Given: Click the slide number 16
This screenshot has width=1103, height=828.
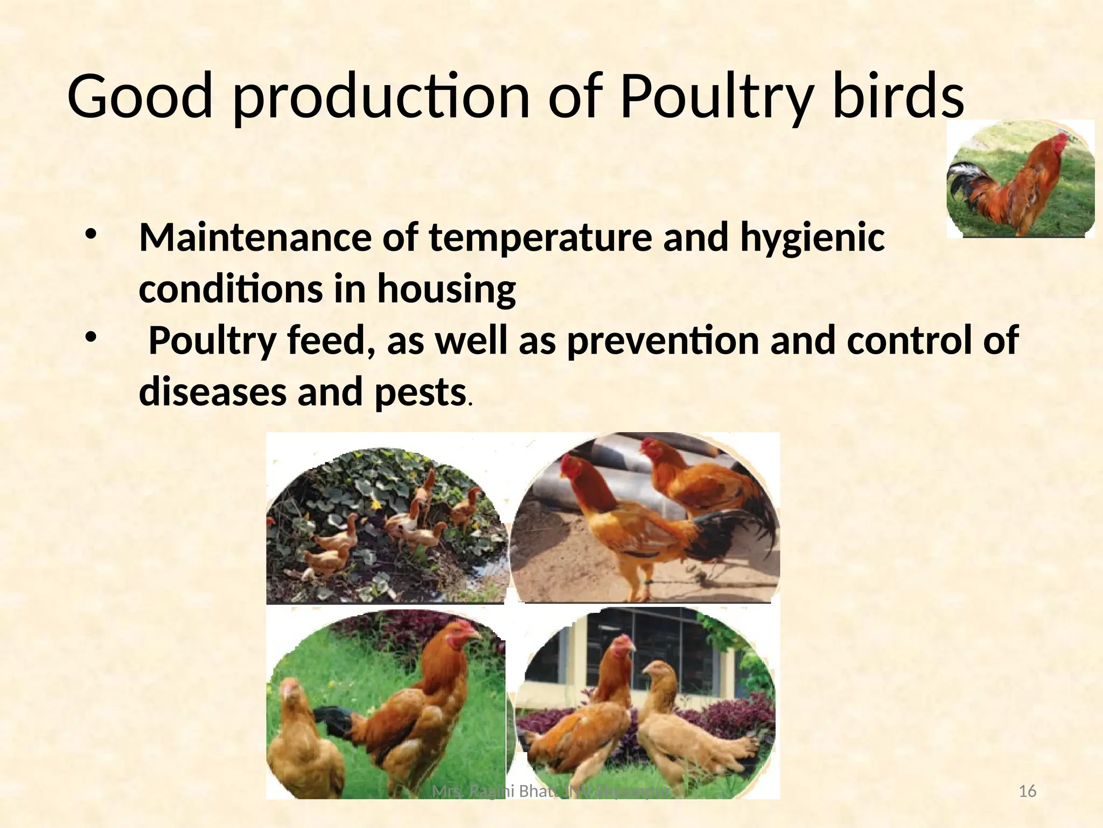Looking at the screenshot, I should tap(1028, 791).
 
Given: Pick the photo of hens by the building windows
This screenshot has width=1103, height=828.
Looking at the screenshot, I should tap(645, 701).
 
